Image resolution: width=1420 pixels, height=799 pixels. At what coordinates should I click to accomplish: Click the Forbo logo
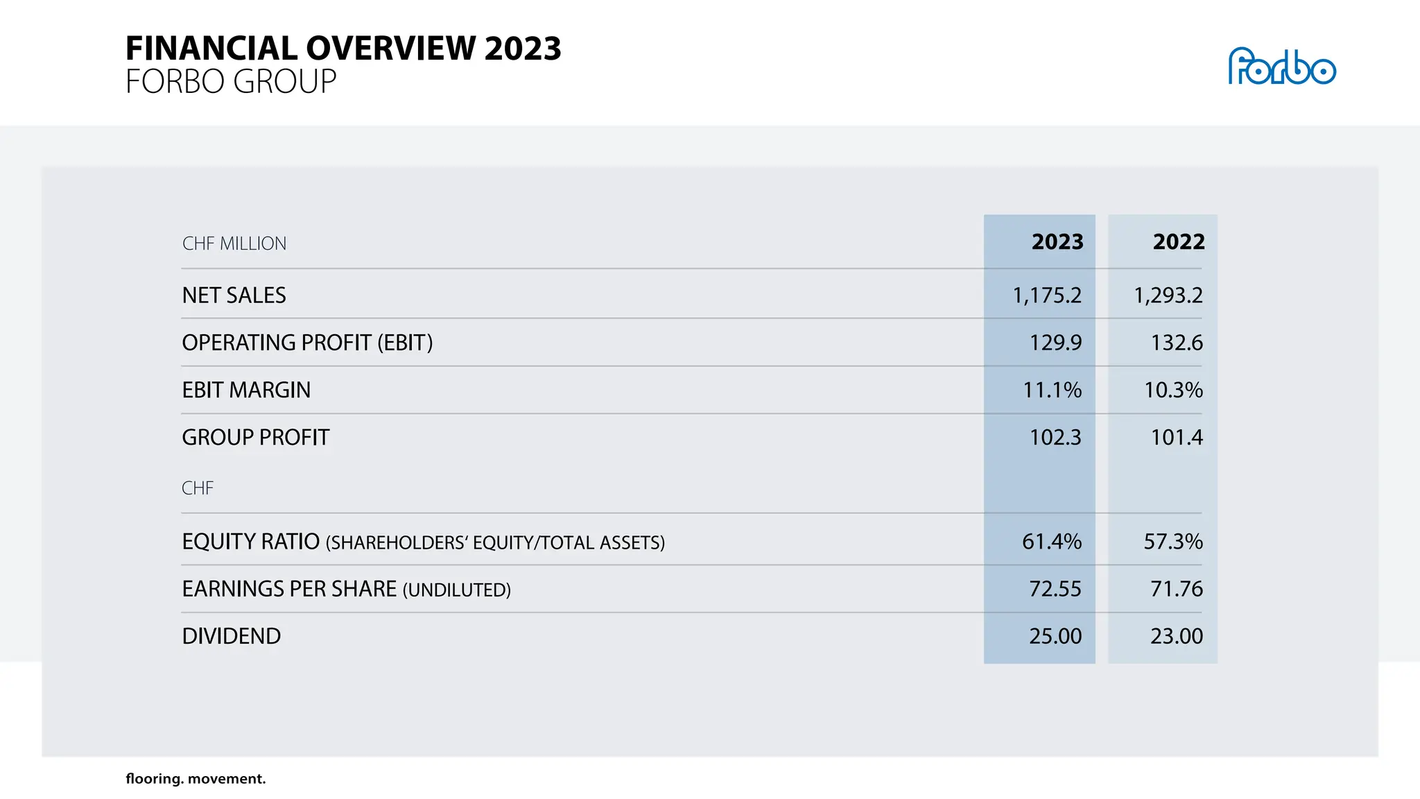[x=1281, y=67]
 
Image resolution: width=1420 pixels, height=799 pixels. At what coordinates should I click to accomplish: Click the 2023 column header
[x=1057, y=241]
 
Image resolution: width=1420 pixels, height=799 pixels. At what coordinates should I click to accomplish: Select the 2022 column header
[x=1178, y=241]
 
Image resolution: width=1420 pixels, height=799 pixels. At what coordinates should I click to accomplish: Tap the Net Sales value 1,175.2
[x=1046, y=295]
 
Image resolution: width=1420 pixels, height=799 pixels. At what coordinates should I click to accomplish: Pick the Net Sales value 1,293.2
[x=1168, y=295]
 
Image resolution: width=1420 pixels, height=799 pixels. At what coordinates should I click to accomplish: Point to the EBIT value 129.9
[x=1055, y=343]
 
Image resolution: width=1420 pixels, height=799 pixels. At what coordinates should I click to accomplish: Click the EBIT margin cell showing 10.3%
[x=1172, y=390]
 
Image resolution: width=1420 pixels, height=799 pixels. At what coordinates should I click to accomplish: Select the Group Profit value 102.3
[x=1055, y=438]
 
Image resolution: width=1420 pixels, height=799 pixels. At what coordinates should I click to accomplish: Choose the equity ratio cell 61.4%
[x=1051, y=542]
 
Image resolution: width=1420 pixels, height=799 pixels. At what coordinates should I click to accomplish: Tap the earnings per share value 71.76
[x=1176, y=589]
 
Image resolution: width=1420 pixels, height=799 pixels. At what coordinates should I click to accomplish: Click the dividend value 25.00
[x=1055, y=636]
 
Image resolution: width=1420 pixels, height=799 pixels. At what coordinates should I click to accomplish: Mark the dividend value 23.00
[x=1176, y=636]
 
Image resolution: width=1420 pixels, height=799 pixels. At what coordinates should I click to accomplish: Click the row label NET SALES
[x=234, y=295]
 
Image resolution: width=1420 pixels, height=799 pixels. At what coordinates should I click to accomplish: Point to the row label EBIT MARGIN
[x=246, y=390]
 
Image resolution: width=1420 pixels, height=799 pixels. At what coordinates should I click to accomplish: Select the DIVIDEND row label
[x=231, y=636]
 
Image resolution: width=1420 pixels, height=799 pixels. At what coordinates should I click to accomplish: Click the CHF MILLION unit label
[x=234, y=243]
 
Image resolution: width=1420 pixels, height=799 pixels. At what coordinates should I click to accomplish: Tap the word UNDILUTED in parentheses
[x=457, y=590]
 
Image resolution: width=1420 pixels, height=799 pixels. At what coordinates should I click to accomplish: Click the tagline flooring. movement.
[x=196, y=779]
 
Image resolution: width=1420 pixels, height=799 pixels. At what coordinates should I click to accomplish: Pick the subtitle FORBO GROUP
[x=230, y=82]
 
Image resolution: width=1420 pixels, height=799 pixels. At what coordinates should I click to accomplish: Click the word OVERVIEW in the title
[x=391, y=49]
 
